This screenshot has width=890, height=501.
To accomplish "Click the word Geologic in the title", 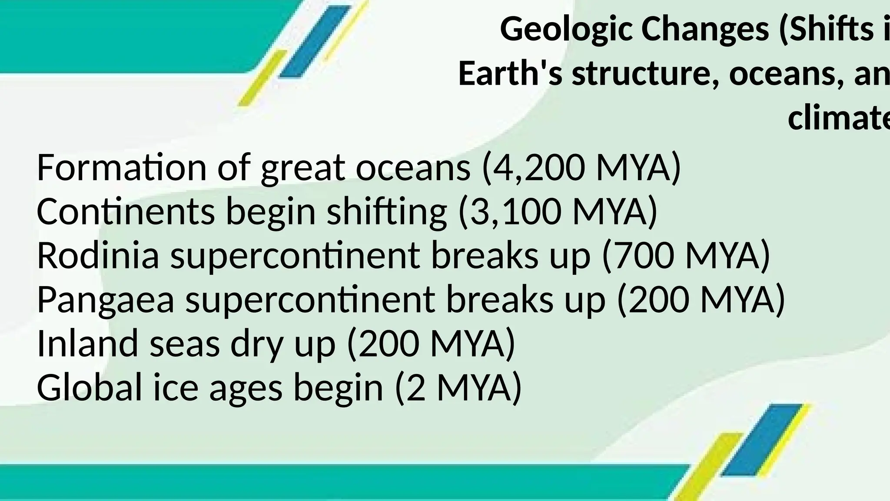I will coord(566,30).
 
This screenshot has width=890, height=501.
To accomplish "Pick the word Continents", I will coord(126,212).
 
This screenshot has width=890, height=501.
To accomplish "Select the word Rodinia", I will coord(98,256).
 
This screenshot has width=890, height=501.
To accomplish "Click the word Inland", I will coord(87,344).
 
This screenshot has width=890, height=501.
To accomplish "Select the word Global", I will coord(90,387).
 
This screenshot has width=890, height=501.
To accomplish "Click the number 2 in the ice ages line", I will coord(416,388).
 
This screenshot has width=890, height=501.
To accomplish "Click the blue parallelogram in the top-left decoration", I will coord(314,42).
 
